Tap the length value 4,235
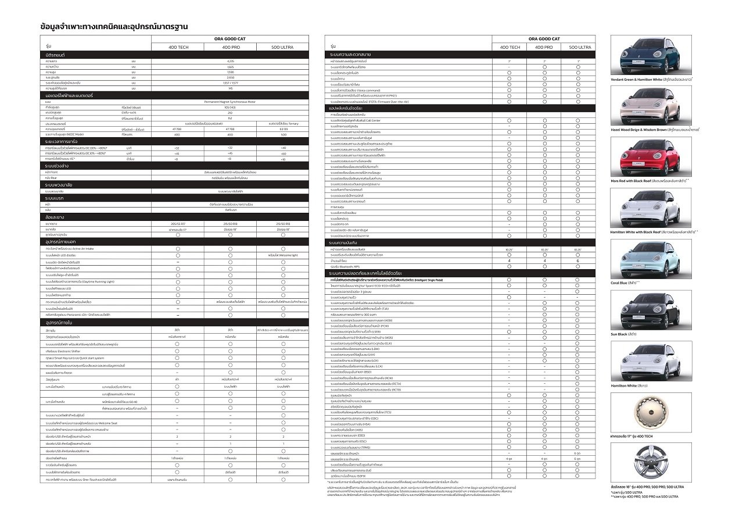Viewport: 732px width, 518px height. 230,60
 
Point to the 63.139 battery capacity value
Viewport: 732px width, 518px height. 283,128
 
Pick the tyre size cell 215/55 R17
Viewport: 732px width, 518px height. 177,223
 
